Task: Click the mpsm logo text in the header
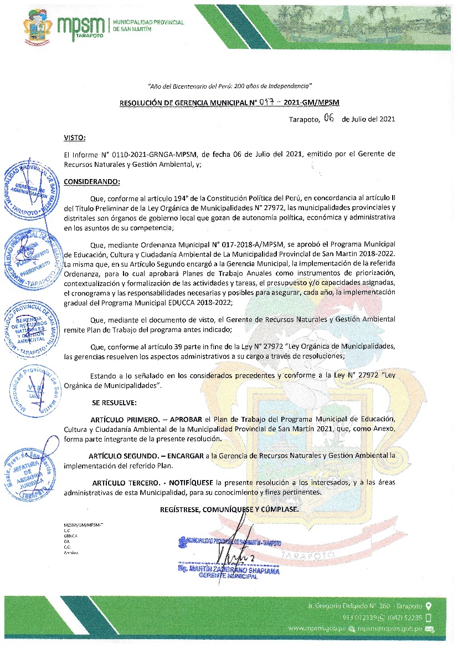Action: [x=81, y=24]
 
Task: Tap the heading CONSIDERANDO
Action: [x=92, y=181]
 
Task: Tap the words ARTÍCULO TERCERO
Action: [x=124, y=482]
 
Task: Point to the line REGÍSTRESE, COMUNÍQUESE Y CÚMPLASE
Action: [x=229, y=509]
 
